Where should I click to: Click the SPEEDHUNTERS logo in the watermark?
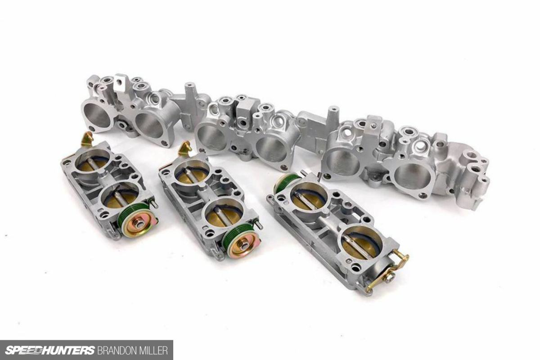tap(50, 350)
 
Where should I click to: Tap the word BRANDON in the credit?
tap(118, 351)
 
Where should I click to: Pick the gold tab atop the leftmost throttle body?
tap(87, 139)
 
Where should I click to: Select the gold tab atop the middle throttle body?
tap(184, 149)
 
